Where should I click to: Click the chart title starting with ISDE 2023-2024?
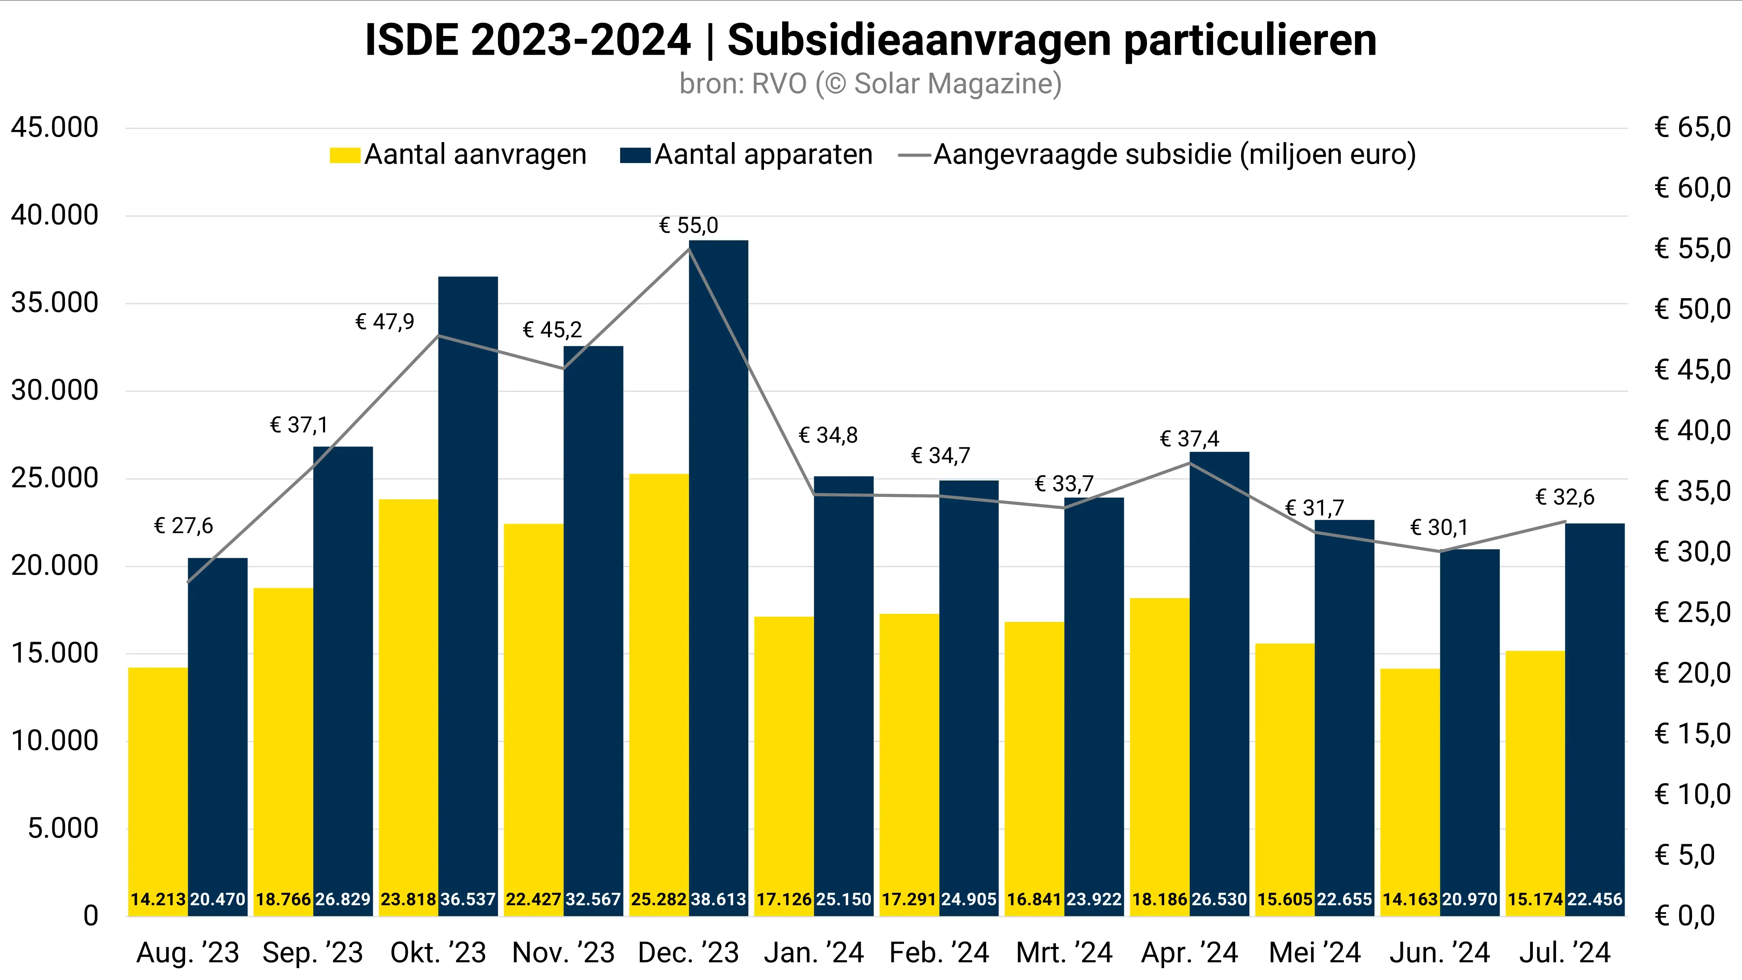870,40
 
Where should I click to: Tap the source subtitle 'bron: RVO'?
870,84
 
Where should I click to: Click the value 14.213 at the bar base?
157,899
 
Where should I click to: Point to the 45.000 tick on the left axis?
54,128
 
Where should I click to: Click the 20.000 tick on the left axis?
54,566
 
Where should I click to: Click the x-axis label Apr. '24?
1190,953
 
